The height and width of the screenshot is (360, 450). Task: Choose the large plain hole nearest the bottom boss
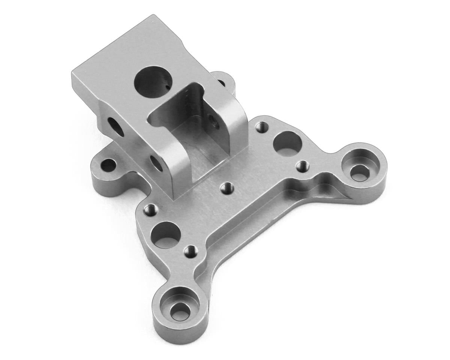click(x=165, y=233)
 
